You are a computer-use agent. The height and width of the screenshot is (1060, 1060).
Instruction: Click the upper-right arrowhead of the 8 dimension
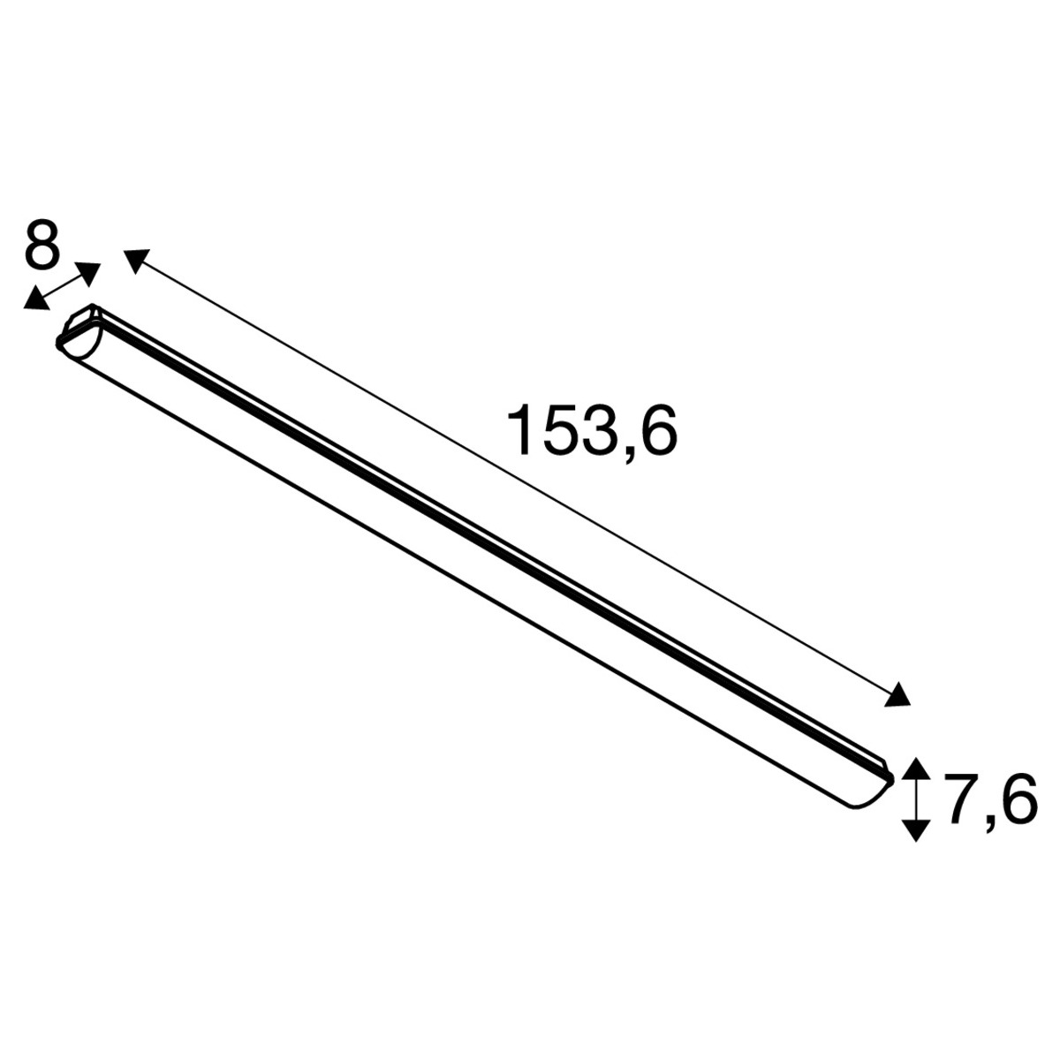point(87,273)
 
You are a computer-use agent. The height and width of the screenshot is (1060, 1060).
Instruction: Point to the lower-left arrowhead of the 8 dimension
point(35,299)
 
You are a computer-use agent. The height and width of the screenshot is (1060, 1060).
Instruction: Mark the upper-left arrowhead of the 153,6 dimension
point(137,261)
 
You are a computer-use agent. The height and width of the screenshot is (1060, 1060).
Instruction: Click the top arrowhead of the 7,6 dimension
point(915,768)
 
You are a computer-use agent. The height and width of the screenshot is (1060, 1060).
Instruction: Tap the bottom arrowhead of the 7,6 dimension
point(915,830)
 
